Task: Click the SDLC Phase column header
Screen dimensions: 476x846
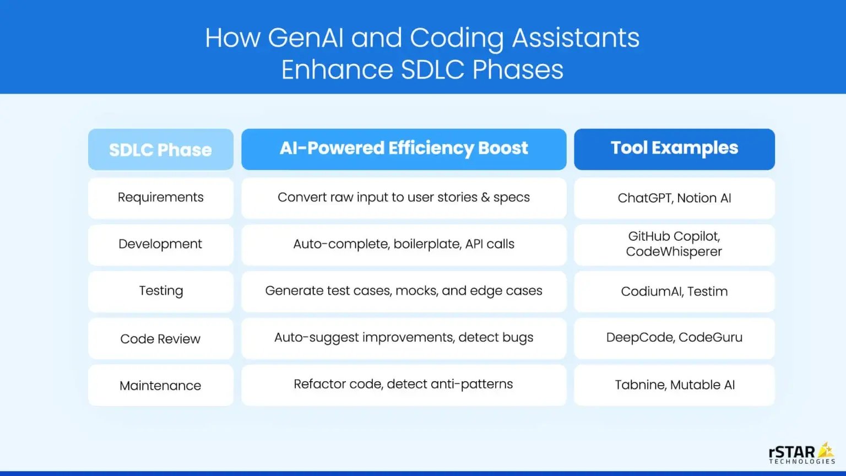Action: (x=160, y=149)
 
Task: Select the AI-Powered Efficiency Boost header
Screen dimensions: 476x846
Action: (x=404, y=149)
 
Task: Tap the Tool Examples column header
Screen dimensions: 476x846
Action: (x=674, y=149)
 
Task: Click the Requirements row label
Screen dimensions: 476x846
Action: (x=160, y=198)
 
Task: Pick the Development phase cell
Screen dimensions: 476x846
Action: (x=160, y=244)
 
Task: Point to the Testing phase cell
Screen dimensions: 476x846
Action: (x=160, y=291)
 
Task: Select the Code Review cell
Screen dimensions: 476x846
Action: (x=160, y=339)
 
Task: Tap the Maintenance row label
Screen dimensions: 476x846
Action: (x=160, y=386)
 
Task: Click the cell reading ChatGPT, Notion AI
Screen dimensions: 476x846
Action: (x=674, y=198)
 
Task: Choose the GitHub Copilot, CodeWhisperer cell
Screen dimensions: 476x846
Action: (x=674, y=244)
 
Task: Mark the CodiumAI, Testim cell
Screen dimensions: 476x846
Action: (x=674, y=291)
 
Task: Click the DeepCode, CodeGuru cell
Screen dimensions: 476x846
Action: (x=674, y=338)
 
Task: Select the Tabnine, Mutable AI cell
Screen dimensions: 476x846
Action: (x=674, y=385)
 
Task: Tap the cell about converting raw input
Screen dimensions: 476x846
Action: (x=404, y=198)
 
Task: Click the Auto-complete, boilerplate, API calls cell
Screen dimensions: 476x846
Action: (x=404, y=244)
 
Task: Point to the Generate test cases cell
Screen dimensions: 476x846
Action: (x=404, y=291)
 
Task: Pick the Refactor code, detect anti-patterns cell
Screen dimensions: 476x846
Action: (x=404, y=385)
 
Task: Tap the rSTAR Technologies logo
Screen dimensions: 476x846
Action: (x=801, y=453)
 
